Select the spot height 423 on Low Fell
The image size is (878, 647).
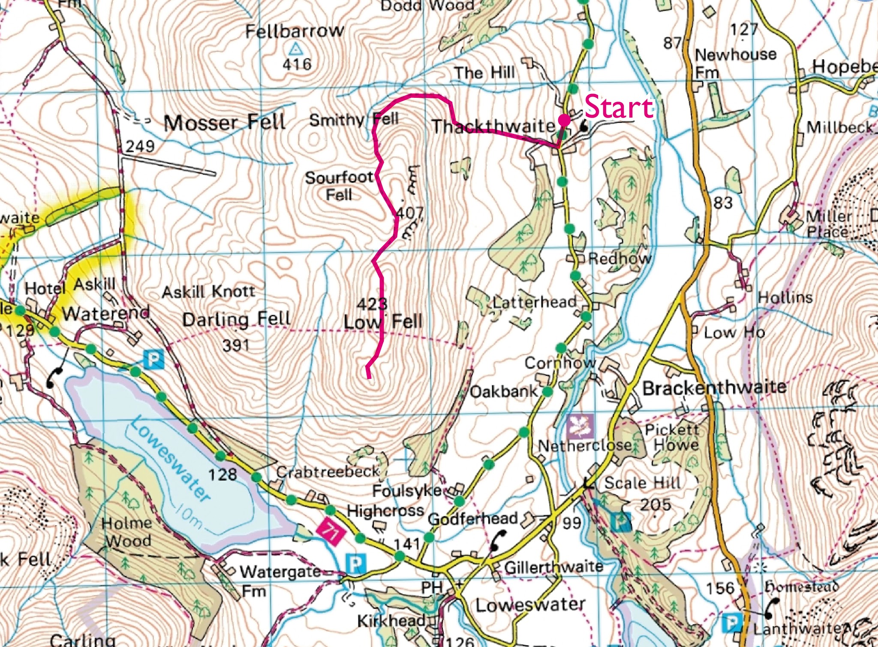pos(372,304)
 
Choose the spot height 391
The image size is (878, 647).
pos(236,345)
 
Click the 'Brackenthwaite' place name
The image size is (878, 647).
pos(714,388)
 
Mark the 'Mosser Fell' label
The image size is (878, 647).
pos(225,123)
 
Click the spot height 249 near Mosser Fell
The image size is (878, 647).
pos(140,146)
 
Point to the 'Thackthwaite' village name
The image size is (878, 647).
pos(493,127)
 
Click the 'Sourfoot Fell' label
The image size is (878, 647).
pos(339,186)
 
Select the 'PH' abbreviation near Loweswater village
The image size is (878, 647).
pos(432,587)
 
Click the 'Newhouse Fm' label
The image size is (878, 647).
pos(734,63)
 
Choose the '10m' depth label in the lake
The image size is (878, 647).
pos(189,517)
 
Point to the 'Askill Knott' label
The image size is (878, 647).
pos(208,292)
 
